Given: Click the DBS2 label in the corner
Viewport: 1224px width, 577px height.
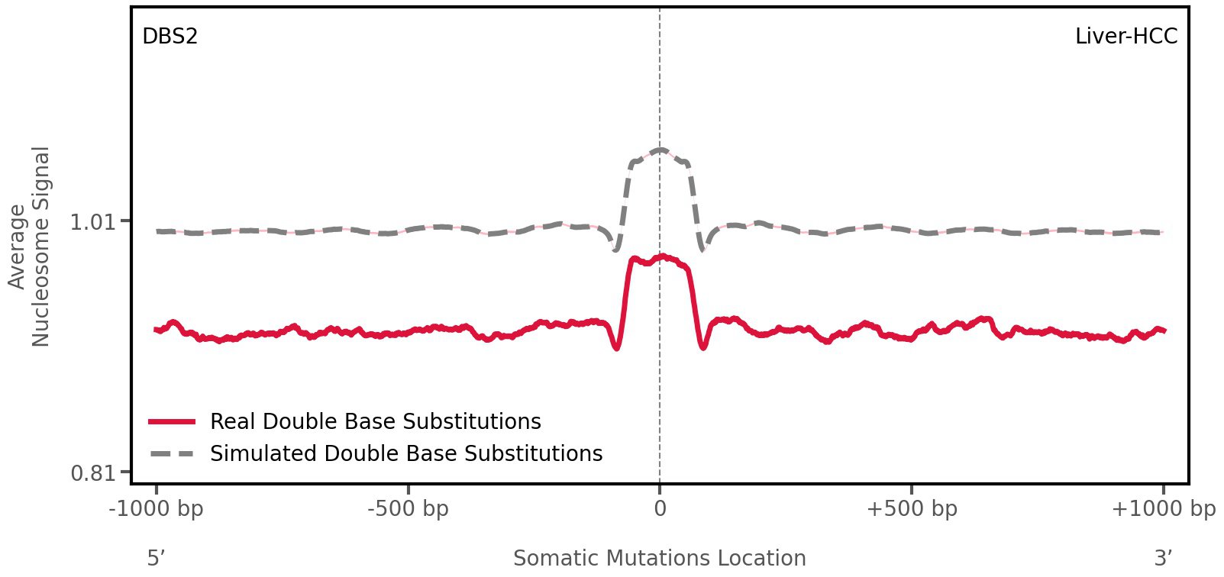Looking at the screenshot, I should pos(170,36).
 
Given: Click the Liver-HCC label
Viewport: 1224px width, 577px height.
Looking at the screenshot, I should pos(1125,36).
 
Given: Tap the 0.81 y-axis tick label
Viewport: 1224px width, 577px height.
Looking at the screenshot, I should pos(91,473).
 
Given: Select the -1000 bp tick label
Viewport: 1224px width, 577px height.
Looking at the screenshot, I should pos(157,508).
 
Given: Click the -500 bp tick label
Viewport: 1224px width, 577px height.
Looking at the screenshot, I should pos(408,508).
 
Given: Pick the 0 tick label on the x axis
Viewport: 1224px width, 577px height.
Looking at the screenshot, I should pos(660,508).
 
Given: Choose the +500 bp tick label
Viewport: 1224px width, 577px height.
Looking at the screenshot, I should pos(911,508).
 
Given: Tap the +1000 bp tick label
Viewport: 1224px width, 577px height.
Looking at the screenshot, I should pos(1163,508).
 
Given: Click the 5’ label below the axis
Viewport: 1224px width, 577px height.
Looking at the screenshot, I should pos(156,558).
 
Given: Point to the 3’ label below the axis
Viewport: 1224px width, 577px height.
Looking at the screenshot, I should pos(1163,558).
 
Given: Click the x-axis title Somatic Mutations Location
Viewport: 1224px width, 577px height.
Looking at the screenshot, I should pos(659,558).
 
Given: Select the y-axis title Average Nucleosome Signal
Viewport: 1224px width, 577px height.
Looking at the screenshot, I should pos(29,246).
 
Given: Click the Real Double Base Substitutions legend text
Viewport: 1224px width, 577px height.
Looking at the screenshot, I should pos(375,421).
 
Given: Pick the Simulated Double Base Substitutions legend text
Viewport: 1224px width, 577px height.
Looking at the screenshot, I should pos(406,453).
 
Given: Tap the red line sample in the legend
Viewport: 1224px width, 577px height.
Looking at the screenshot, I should pos(173,421).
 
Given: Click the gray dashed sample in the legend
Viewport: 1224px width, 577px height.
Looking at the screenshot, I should pos(173,453).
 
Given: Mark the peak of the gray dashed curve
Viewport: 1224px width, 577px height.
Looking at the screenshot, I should pos(660,150).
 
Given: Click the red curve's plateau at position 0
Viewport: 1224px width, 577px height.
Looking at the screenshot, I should pos(660,259).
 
